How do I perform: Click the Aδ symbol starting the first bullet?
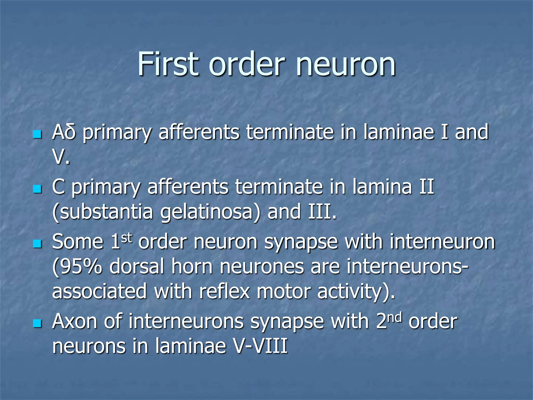coord(64,132)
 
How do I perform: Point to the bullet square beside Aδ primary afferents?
coord(37,135)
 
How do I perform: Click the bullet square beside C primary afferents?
coord(37,189)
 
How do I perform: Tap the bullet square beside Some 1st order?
coord(37,244)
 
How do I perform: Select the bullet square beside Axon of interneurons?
coord(37,324)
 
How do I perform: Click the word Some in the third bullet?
coord(78,241)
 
